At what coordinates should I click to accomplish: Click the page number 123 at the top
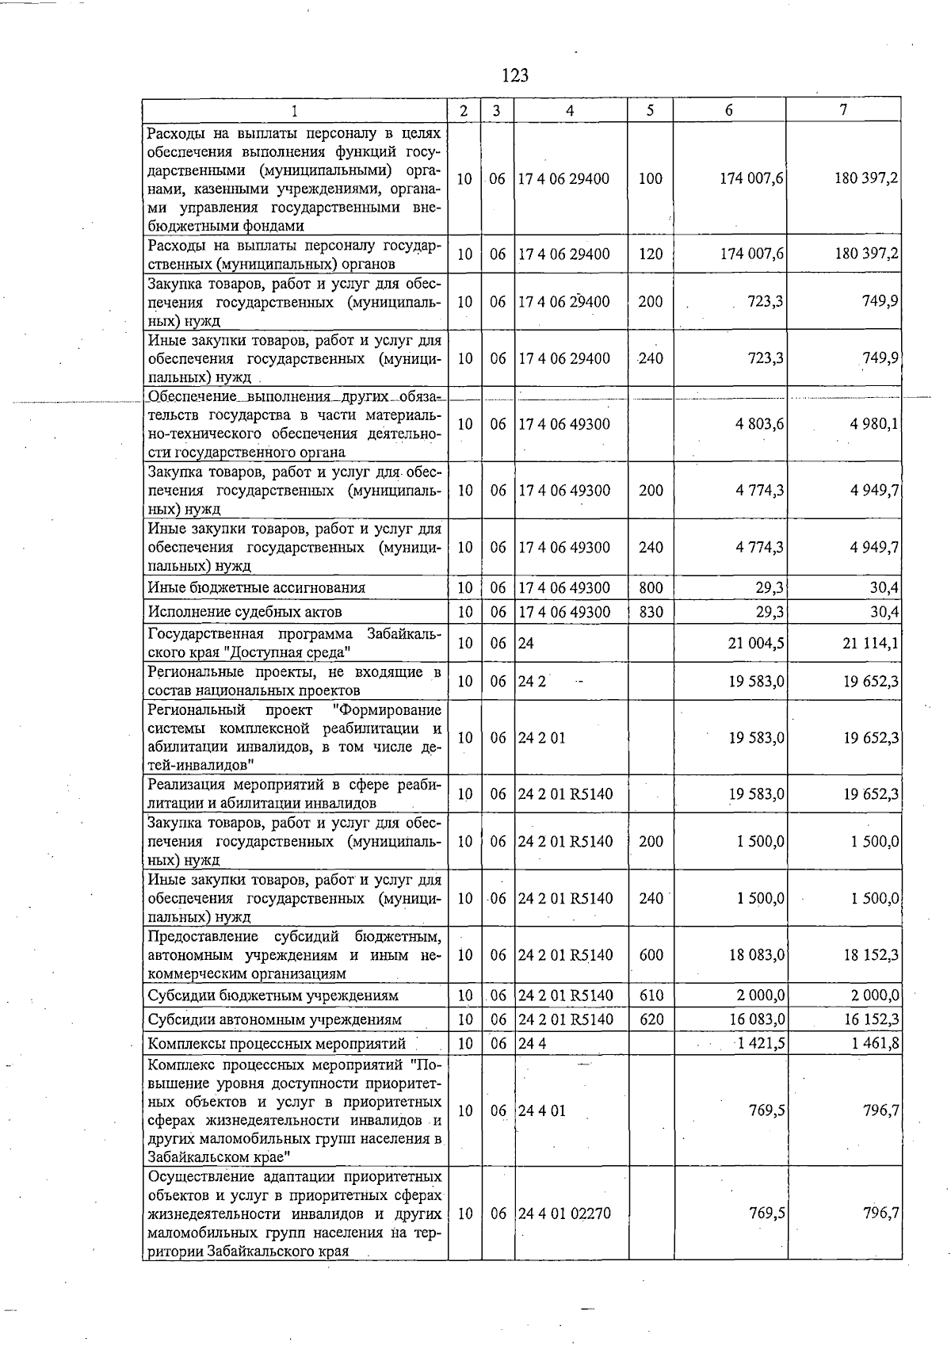point(515,76)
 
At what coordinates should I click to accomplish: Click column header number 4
point(570,111)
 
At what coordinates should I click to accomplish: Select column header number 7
point(843,110)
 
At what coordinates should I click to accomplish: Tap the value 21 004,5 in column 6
point(756,643)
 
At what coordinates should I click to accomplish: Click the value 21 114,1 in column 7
point(870,643)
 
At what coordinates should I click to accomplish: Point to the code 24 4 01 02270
point(563,1213)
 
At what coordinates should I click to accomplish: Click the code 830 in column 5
point(651,612)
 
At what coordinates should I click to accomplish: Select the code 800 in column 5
point(651,588)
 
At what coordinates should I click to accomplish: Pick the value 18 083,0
point(757,955)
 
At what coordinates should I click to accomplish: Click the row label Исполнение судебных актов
point(245,612)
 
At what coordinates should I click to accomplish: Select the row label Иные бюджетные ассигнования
point(257,588)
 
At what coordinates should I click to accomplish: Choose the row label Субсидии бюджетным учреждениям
point(273,996)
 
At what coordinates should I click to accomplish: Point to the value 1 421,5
point(761,1043)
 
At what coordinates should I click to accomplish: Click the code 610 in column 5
point(651,996)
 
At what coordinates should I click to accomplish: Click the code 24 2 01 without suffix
point(542,738)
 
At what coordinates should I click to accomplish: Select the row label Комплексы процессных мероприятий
point(277,1044)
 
